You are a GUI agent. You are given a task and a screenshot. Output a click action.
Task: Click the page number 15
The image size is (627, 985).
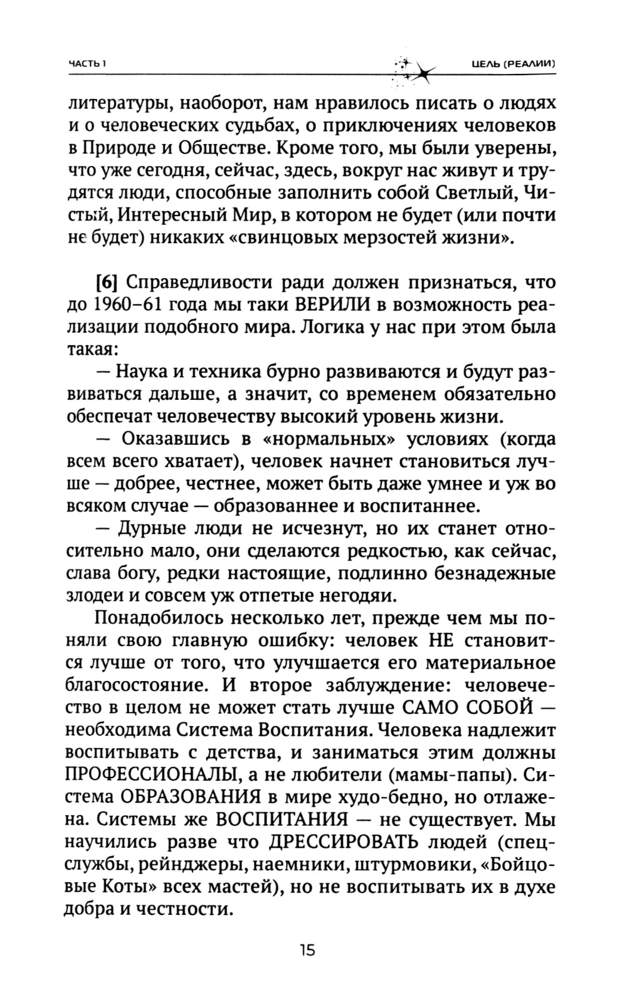click(307, 950)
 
